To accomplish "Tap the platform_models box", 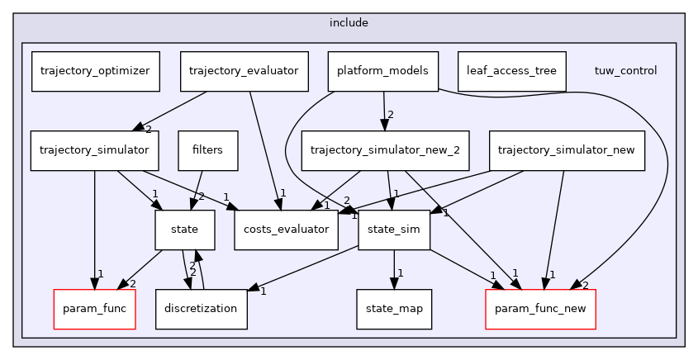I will (x=382, y=71).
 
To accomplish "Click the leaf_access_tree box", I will (x=511, y=71).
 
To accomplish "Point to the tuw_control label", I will (x=625, y=71).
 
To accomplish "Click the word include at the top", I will (x=349, y=23).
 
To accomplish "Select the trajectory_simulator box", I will (x=94, y=150).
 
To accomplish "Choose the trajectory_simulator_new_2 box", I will (x=385, y=150).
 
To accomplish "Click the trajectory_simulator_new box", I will (x=567, y=150).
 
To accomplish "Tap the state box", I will (x=185, y=230).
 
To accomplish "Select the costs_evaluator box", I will (x=287, y=230).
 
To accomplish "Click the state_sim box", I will (x=394, y=230).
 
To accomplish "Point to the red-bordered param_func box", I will (x=94, y=309).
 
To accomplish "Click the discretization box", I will (x=202, y=309).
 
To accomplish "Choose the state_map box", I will (x=394, y=309).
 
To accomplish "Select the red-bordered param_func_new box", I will (x=540, y=309).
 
